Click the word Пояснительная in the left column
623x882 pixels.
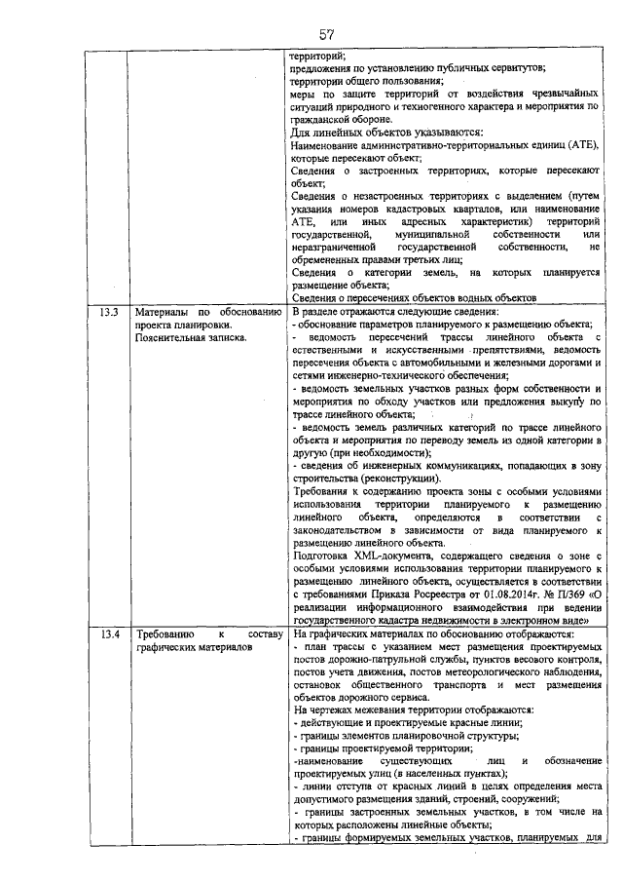(x=178, y=337)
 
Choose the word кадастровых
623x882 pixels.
(x=429, y=209)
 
